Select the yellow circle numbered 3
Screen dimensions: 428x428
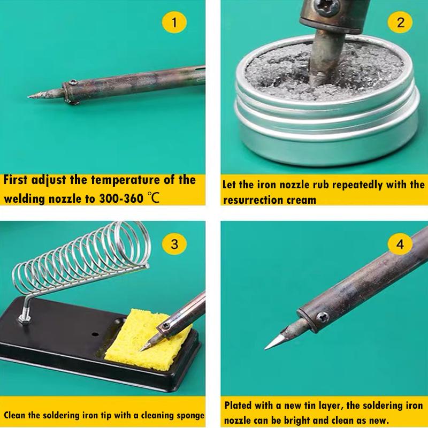pyautogui.click(x=174, y=244)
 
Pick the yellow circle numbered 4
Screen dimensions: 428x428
pyautogui.click(x=401, y=244)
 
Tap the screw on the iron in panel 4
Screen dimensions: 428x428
pyautogui.click(x=322, y=317)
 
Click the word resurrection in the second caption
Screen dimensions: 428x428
pyautogui.click(x=251, y=200)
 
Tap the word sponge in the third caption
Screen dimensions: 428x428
pyautogui.click(x=189, y=415)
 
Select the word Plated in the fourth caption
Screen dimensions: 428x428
pyautogui.click(x=239, y=406)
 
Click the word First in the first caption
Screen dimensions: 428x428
pyautogui.click(x=20, y=180)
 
